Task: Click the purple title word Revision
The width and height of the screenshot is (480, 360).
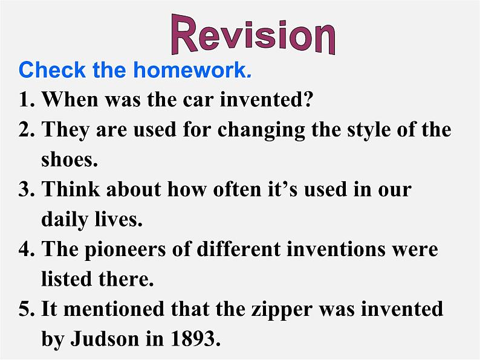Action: (x=253, y=34)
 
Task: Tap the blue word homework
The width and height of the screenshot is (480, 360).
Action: (x=193, y=69)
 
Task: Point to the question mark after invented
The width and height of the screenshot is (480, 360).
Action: (x=307, y=99)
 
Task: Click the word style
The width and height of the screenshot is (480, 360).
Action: (x=368, y=130)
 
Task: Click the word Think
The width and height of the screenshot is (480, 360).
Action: (x=71, y=188)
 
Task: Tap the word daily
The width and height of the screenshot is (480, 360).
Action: (x=64, y=219)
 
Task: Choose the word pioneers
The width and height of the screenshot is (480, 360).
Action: (x=125, y=249)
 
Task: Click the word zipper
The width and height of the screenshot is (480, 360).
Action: (x=282, y=309)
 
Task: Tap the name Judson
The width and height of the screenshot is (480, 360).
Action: (x=105, y=338)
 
